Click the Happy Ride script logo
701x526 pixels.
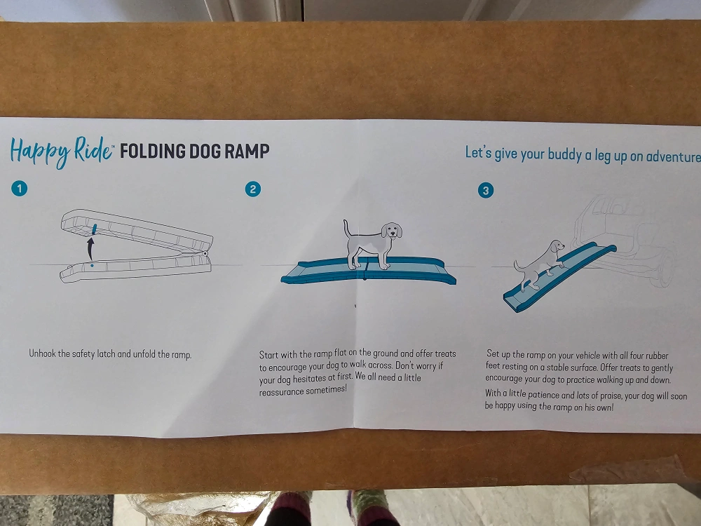click(61, 151)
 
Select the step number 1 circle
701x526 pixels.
click(19, 188)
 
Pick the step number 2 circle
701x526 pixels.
click(253, 189)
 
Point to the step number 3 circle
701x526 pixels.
click(486, 191)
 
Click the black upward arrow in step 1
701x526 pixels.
click(90, 249)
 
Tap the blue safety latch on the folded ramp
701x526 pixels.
click(95, 229)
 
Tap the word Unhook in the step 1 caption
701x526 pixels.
click(43, 353)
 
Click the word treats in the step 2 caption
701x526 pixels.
click(446, 353)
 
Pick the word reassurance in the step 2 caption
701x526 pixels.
click(282, 391)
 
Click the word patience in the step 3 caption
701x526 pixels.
click(542, 394)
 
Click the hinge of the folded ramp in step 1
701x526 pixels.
click(205, 254)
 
